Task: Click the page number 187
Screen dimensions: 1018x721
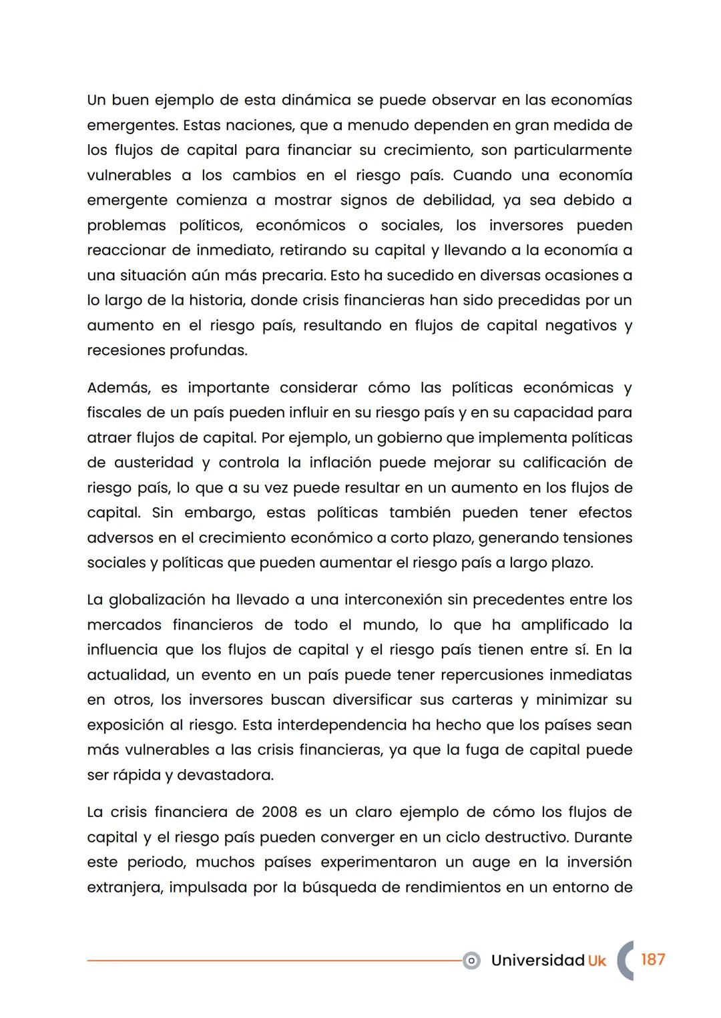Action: tap(652, 959)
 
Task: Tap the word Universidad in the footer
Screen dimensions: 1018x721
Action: tap(537, 960)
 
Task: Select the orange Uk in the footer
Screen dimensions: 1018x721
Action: tap(597, 961)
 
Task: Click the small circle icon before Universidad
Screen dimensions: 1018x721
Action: tap(471, 961)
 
